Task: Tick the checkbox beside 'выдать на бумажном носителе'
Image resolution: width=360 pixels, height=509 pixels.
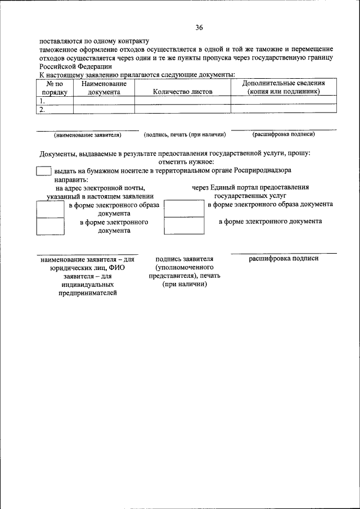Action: coord(43,170)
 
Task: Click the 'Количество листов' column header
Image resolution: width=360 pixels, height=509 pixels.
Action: coord(182,91)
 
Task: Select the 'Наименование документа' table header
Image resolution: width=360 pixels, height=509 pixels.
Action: coord(103,87)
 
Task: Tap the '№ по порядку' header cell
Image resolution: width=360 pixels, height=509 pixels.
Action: coord(54,87)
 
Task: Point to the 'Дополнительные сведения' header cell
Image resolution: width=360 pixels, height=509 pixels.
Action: coord(283,87)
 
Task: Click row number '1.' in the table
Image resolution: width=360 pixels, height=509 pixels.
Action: coord(42,101)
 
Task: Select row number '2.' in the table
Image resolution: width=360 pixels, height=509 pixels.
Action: coord(42,110)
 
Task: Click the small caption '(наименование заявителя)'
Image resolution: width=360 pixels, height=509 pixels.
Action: coord(88,135)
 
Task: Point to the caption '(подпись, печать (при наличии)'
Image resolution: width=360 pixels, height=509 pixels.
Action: coord(185,135)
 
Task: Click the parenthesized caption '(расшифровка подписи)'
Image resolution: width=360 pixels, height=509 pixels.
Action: coord(283,134)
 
